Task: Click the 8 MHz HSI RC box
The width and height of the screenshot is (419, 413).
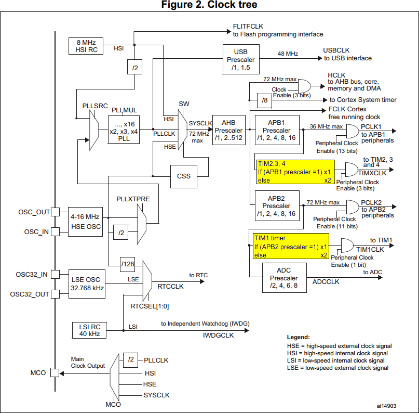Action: (x=86, y=46)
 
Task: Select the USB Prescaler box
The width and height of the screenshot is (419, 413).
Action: (x=241, y=59)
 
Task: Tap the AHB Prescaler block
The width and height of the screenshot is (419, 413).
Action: (x=228, y=130)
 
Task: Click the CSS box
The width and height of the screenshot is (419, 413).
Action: (x=184, y=176)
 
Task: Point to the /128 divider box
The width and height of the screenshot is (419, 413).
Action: (x=128, y=264)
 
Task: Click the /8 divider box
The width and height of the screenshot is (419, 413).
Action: (x=265, y=100)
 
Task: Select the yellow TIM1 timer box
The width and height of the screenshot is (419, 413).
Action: (x=291, y=247)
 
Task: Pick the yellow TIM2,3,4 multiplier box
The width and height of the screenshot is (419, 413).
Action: (x=294, y=172)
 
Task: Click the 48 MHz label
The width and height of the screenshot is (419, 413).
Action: (x=288, y=54)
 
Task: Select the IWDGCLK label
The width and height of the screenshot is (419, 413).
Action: (x=218, y=335)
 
